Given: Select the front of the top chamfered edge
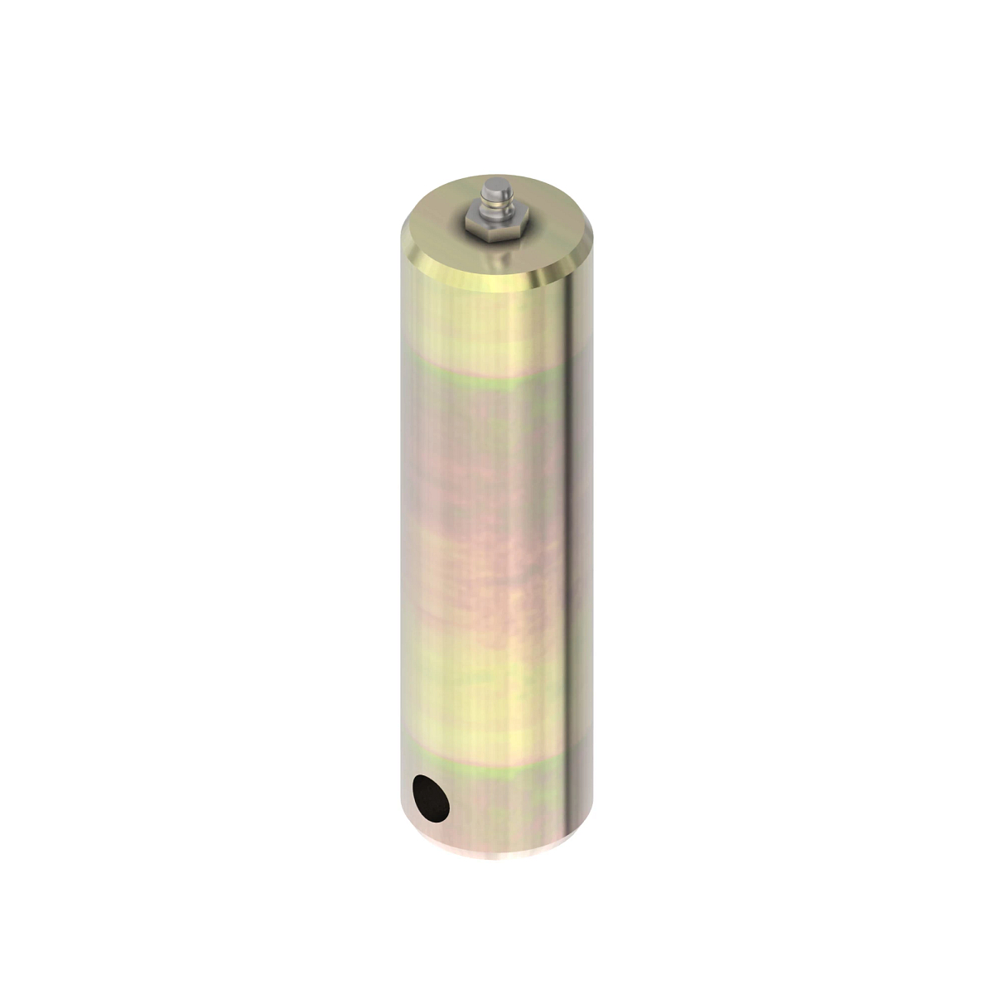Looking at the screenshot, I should [x=489, y=279].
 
